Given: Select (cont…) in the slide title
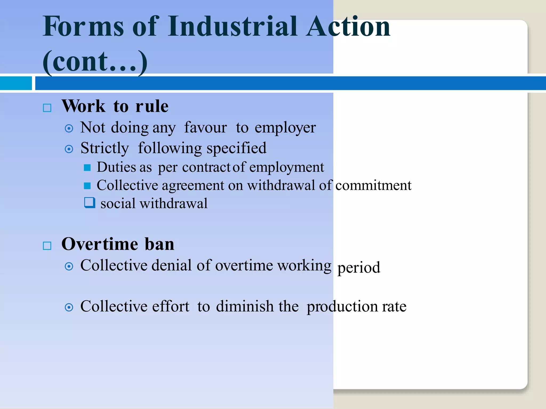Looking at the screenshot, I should [x=95, y=62].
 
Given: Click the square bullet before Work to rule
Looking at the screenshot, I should [x=47, y=108].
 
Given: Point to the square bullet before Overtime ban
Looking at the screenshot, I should [x=47, y=246].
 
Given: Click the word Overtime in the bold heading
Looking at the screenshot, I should [x=100, y=244].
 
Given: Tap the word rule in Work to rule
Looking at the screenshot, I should [x=152, y=106].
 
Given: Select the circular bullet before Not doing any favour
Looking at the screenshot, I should [x=69, y=129].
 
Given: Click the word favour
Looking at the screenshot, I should [x=206, y=128].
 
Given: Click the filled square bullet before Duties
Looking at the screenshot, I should [x=87, y=167].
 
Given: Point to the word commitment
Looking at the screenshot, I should [x=373, y=185].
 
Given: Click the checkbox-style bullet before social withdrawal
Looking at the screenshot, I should [x=90, y=202].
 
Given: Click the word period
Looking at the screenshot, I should [x=359, y=268].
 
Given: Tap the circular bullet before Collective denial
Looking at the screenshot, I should [x=69, y=266].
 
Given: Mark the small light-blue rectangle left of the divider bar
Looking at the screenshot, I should [x=16, y=83].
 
